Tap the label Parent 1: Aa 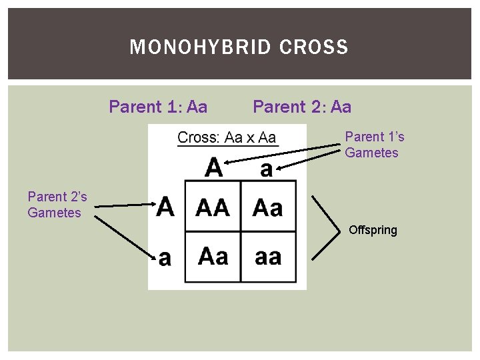click(158, 107)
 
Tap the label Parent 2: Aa click(302, 107)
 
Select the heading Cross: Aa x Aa click(227, 138)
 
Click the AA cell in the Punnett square click(212, 208)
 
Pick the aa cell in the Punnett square click(268, 256)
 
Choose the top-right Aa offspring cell click(268, 208)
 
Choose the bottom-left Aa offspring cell click(213, 256)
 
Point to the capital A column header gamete click(214, 167)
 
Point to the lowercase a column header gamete click(266, 169)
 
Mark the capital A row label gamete click(165, 206)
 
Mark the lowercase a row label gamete click(165, 257)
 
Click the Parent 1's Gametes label click(374, 145)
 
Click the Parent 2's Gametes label click(57, 205)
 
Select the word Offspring click(373, 230)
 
